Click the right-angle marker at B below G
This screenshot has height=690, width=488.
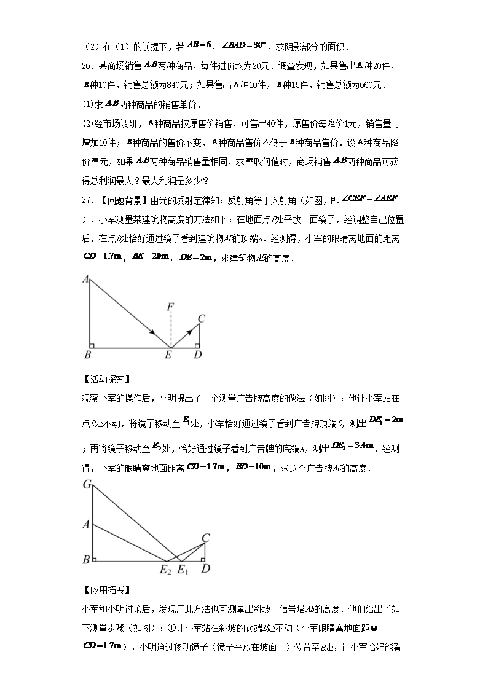pyautogui.click(x=95, y=557)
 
